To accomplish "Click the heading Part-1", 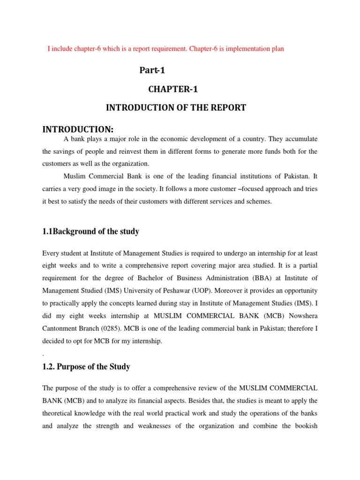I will pos(152,71).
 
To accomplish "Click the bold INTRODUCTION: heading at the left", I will pos(78,129).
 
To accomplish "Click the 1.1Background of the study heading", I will pos(90,232).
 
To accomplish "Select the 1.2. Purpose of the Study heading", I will pos(86,367).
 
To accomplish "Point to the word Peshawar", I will pos(175,291).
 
